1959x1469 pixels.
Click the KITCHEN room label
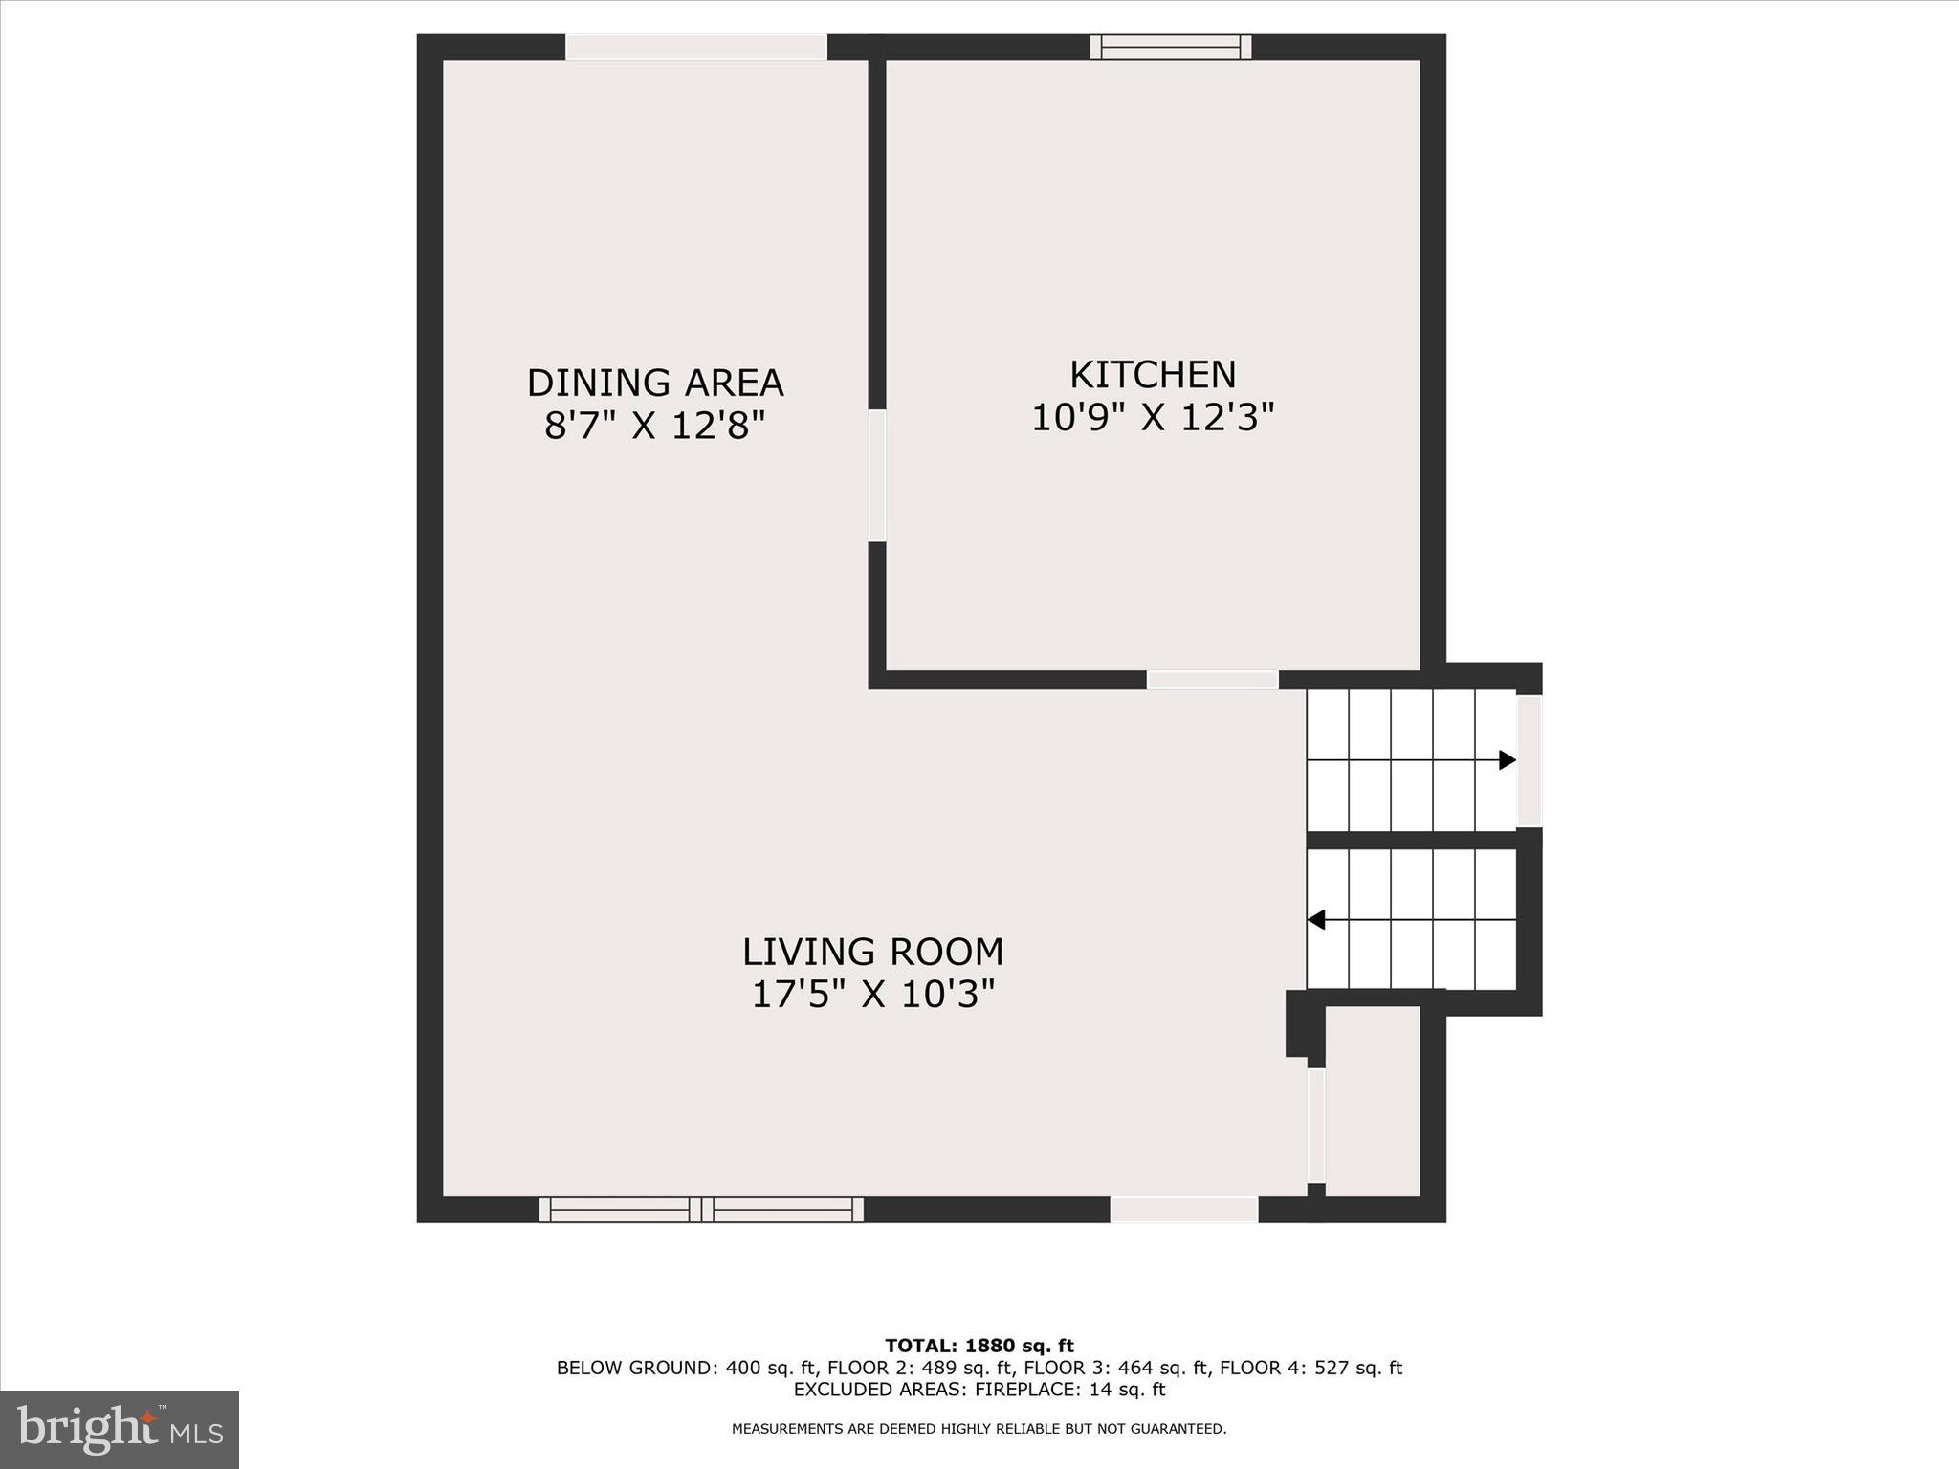[x=1152, y=375]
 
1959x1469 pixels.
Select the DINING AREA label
[x=655, y=383]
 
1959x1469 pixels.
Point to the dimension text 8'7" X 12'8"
[x=655, y=426]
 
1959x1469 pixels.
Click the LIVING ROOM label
[x=872, y=952]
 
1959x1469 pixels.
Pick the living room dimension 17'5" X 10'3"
[x=872, y=995]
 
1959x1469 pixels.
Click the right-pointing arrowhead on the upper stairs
[x=1507, y=760]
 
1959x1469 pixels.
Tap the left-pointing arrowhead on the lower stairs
[x=1316, y=920]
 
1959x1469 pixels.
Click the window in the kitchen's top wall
[x=1171, y=47]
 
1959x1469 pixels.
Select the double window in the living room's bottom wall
[x=701, y=1210]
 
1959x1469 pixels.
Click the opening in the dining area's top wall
[x=695, y=47]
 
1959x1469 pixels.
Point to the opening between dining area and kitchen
[x=877, y=475]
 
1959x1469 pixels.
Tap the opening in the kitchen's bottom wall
[x=1212, y=680]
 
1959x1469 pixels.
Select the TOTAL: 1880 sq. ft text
[x=979, y=1346]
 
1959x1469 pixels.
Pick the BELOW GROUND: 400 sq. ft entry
[x=686, y=1368]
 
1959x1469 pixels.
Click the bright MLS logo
[x=120, y=1429]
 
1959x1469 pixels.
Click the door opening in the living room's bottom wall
[x=1183, y=1210]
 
